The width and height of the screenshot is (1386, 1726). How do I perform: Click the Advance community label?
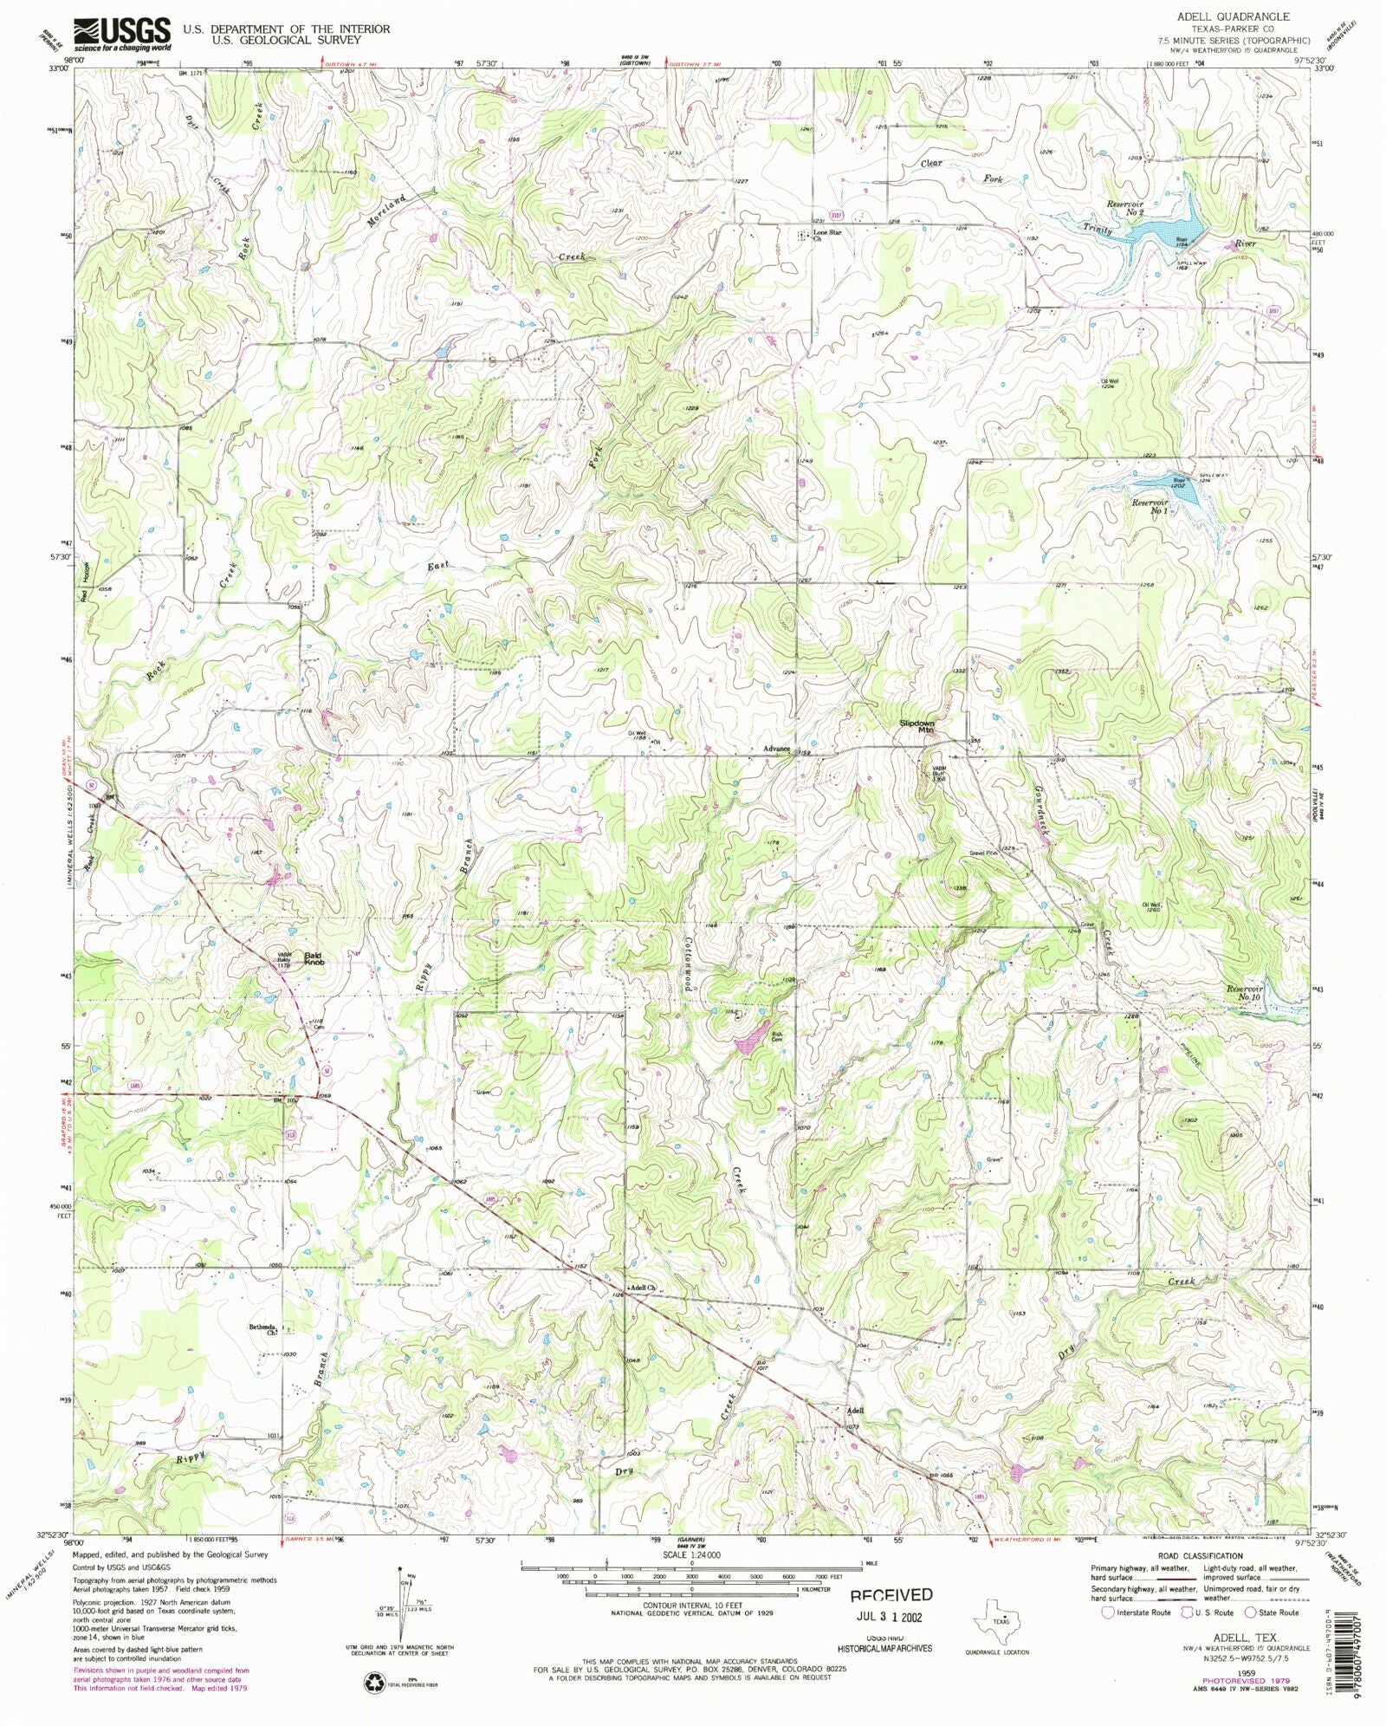[x=776, y=749]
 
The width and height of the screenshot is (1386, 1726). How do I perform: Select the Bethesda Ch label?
[x=262, y=1330]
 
